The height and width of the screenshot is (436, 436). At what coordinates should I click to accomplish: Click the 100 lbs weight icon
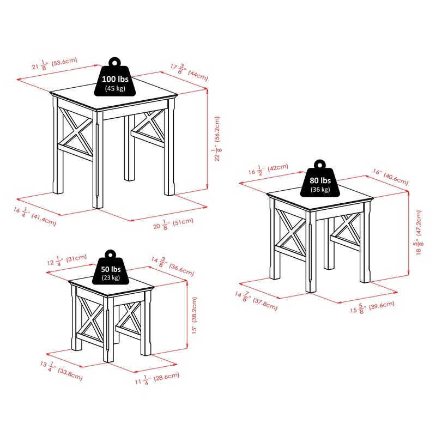click(x=114, y=80)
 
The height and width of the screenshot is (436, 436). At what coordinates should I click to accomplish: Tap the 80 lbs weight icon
click(x=319, y=181)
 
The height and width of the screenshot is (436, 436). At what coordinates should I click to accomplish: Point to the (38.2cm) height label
click(x=195, y=315)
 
